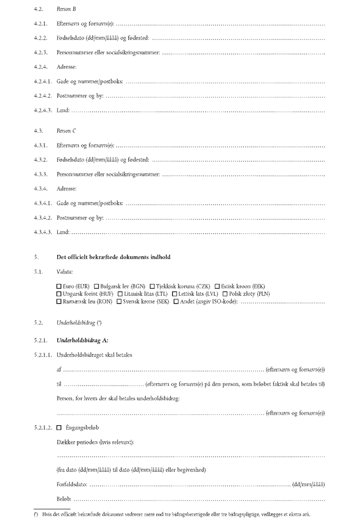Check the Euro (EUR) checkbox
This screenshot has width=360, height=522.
pos(59,287)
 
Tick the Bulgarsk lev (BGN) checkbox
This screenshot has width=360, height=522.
pos(97,287)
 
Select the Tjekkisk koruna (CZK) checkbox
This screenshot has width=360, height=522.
pos(152,287)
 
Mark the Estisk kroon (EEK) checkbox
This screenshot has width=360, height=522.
pos(217,287)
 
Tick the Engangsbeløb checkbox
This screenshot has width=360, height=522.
pos(59,427)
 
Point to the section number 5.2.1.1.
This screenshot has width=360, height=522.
pos(43,355)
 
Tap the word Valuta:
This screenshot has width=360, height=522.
pos(64,272)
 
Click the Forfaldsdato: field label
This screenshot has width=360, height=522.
pos(71,485)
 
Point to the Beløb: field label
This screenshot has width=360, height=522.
pos(64,499)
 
